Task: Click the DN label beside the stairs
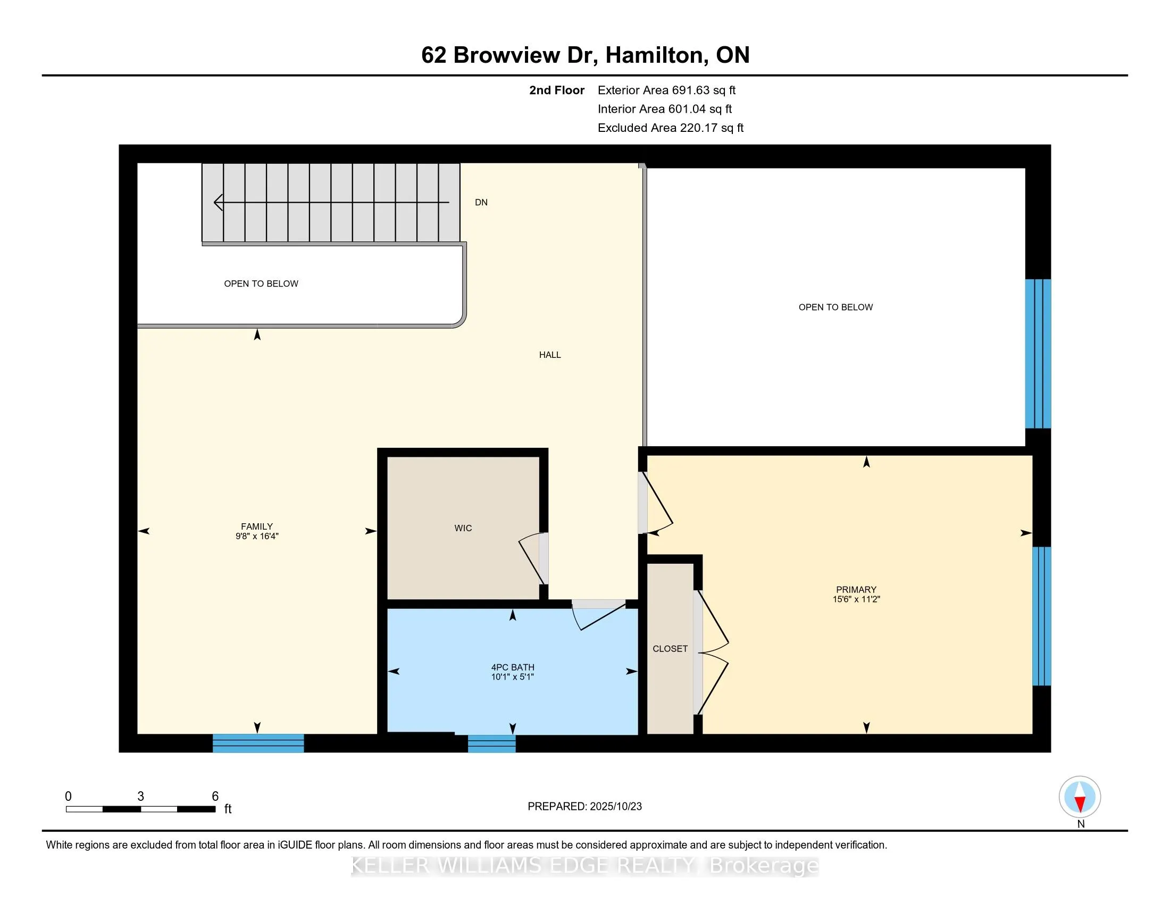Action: pyautogui.click(x=481, y=203)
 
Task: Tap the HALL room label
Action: pyautogui.click(x=550, y=355)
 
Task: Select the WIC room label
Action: pyautogui.click(x=463, y=528)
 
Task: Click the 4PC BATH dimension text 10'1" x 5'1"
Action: pyautogui.click(x=512, y=677)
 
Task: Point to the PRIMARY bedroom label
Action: pyautogui.click(x=856, y=589)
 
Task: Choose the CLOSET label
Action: pyautogui.click(x=670, y=649)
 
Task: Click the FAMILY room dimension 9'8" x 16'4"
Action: pyautogui.click(x=257, y=536)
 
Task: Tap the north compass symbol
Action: pyautogui.click(x=1080, y=797)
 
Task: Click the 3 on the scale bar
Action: pyautogui.click(x=140, y=797)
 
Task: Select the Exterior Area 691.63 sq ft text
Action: pyautogui.click(x=666, y=90)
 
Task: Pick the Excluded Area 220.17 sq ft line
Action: pyautogui.click(x=670, y=128)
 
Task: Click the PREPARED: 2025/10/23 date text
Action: pyautogui.click(x=584, y=807)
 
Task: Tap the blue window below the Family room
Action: pyautogui.click(x=258, y=743)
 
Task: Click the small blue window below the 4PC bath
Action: pyautogui.click(x=491, y=743)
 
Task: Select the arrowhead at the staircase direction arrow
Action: pyautogui.click(x=218, y=203)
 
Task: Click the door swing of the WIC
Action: pyautogui.click(x=531, y=557)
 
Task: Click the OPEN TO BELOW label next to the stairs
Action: pyautogui.click(x=261, y=284)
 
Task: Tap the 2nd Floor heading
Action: pyautogui.click(x=556, y=90)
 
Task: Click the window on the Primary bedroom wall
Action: pyautogui.click(x=1041, y=616)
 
